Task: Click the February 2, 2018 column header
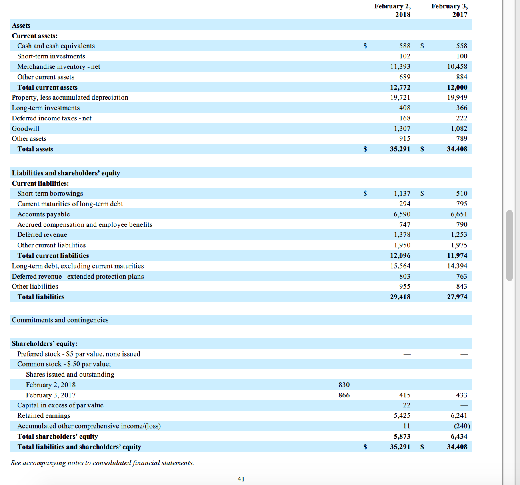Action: (392, 10)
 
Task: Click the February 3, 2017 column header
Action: (449, 10)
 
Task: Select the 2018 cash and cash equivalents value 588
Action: (404, 46)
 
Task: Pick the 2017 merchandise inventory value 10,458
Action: (457, 67)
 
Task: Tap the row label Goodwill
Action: (26, 129)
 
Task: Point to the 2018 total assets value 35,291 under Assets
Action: (400, 149)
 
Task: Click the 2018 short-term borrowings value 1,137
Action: (402, 194)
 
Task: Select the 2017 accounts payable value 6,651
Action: (459, 214)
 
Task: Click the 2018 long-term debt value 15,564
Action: (400, 266)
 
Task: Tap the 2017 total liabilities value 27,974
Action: (457, 297)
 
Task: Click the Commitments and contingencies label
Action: (60, 320)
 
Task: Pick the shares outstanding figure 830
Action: (344, 385)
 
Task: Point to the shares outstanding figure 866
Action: (344, 395)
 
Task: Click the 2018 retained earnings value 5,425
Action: (402, 416)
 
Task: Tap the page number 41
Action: (241, 479)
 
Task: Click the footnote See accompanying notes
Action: (102, 463)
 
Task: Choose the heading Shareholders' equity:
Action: (45, 344)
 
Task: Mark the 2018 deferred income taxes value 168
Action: (404, 118)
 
